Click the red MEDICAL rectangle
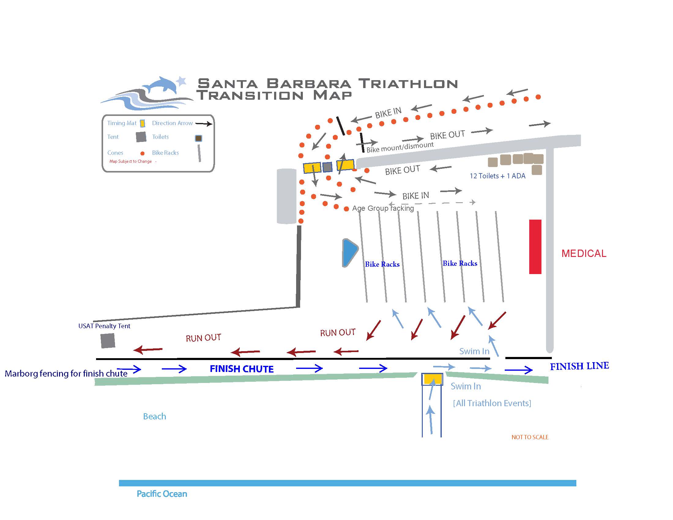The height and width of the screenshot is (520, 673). point(535,247)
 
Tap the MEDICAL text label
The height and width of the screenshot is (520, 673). point(584,253)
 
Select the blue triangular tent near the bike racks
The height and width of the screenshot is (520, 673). point(349,252)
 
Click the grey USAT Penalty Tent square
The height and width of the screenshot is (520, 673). point(108,341)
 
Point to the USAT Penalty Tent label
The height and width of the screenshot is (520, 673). point(104,326)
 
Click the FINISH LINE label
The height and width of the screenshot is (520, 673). point(579,366)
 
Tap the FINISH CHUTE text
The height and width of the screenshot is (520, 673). point(242,369)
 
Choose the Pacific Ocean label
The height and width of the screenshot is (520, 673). point(162,494)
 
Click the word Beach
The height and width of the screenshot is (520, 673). point(154,416)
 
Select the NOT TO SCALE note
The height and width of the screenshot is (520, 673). point(530,437)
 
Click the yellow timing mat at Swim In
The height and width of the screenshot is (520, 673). point(432,379)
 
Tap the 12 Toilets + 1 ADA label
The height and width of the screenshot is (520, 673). point(497,176)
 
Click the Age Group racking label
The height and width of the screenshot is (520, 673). point(383,208)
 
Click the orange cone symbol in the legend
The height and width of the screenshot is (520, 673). point(142,153)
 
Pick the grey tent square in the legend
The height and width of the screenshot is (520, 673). point(141,137)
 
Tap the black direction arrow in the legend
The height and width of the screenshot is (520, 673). point(204,124)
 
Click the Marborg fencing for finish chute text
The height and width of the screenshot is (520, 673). point(66,373)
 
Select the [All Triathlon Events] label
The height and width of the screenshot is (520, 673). point(492,403)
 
